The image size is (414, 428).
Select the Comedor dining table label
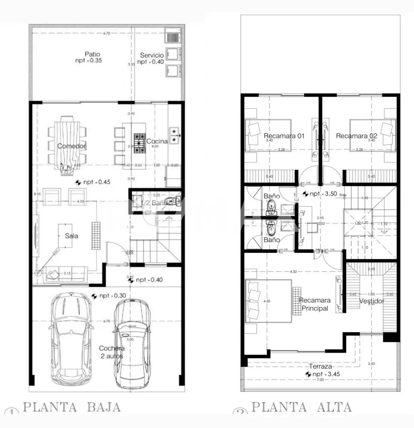click(72, 146)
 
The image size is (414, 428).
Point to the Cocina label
click(157, 141)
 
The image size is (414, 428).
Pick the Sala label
click(71, 236)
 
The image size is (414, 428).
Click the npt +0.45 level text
click(97, 182)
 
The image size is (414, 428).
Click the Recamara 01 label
click(284, 136)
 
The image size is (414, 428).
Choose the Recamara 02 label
click(356, 136)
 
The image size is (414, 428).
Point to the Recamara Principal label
click(315, 304)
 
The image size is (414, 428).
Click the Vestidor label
click(372, 301)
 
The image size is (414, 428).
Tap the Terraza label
click(320, 366)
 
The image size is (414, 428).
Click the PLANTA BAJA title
click(71, 407)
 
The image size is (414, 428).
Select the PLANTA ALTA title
click(301, 407)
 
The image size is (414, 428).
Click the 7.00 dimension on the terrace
click(320, 380)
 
